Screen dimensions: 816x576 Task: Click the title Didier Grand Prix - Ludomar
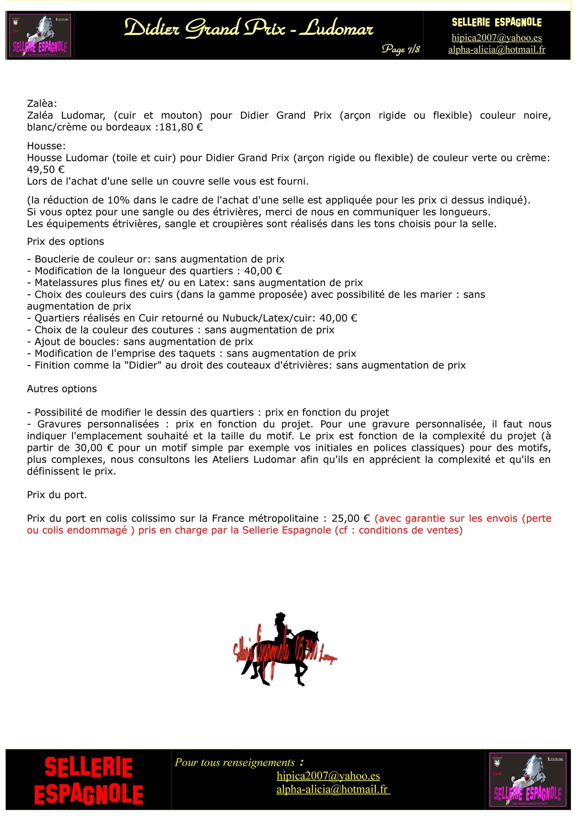(248, 29)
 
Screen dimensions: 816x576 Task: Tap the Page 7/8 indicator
(400, 49)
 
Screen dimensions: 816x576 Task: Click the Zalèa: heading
(42, 104)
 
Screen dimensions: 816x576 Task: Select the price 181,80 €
(181, 127)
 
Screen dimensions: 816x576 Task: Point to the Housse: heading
(46, 146)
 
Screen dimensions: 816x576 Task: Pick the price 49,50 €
(46, 169)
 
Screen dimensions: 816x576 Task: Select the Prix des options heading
(65, 241)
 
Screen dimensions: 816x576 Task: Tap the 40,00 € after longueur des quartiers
(263, 271)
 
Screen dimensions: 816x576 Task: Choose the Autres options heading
(62, 389)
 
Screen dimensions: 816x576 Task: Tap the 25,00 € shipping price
(351, 519)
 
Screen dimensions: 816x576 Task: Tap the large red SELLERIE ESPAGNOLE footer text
(89, 781)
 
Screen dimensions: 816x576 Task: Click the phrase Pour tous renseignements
(235, 763)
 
